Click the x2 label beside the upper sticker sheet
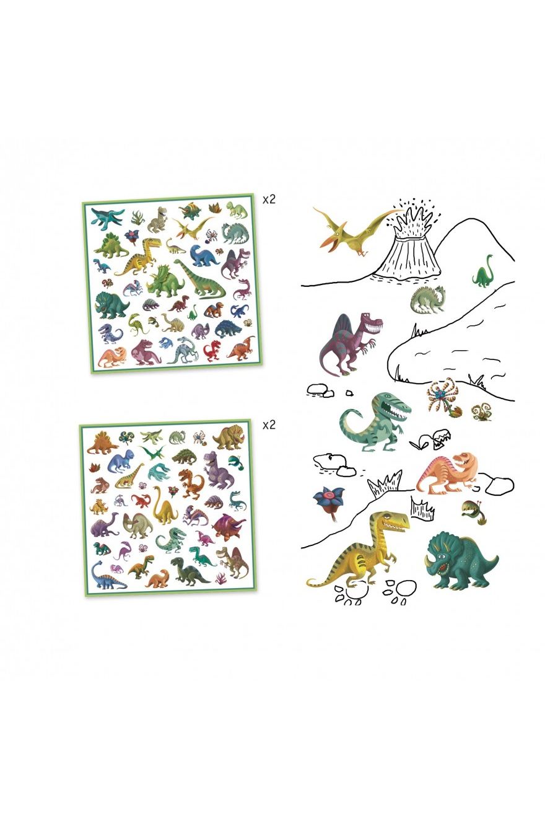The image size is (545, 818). [269, 200]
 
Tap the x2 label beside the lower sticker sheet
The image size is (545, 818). [269, 425]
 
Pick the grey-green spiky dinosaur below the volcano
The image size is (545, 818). [428, 299]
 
